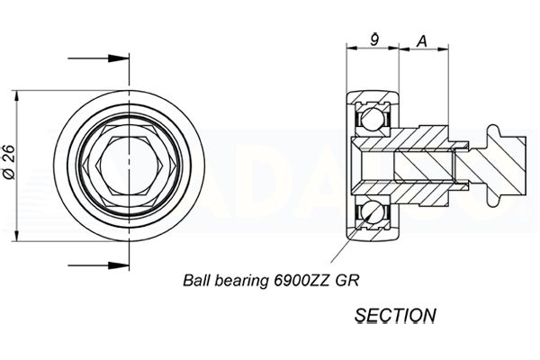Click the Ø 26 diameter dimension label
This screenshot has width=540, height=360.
coord(9,162)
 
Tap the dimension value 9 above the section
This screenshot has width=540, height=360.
coord(375,40)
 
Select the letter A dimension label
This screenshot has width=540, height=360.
coord(422,41)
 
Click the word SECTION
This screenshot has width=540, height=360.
coord(395,316)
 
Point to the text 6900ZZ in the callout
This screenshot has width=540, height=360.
coord(301,281)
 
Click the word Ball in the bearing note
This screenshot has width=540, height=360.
coord(196,281)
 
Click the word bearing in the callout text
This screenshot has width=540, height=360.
coord(240,281)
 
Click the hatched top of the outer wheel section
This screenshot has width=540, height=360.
coord(373,96)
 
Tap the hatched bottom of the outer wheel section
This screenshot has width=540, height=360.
coord(373,234)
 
